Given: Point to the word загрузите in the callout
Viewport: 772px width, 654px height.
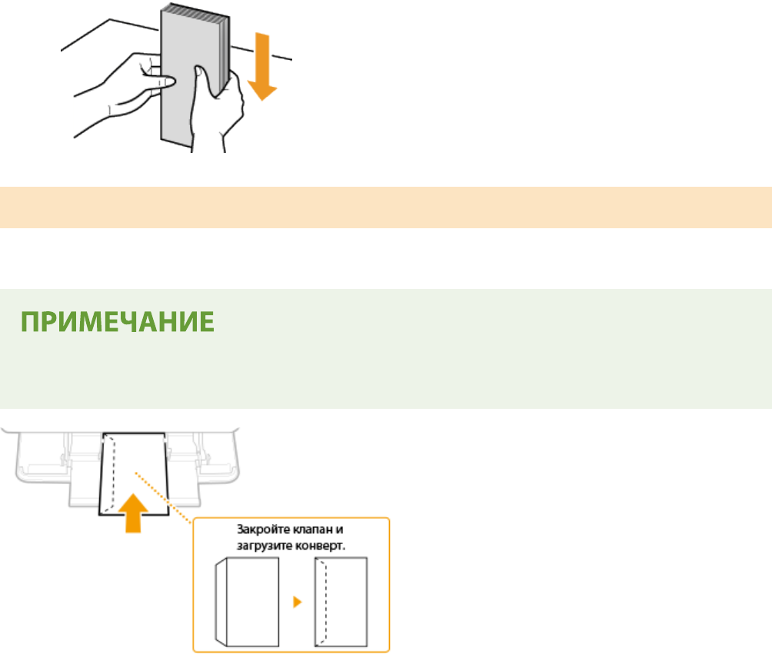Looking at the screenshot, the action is point(264,546).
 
